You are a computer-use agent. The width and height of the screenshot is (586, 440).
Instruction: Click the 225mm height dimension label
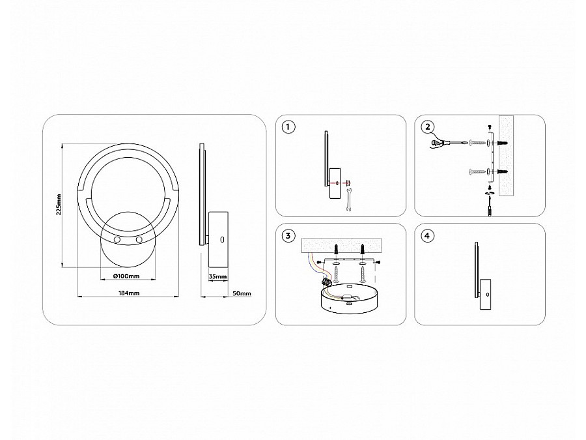(x=59, y=205)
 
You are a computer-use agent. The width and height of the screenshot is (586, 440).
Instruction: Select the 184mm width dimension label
(x=128, y=293)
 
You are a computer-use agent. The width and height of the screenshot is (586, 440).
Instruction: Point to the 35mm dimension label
(x=217, y=277)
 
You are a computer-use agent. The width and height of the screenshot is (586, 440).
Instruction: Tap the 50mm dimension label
(x=242, y=293)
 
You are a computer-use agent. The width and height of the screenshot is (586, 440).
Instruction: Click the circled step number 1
(x=288, y=127)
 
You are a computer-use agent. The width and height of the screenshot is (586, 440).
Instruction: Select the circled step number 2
(x=426, y=127)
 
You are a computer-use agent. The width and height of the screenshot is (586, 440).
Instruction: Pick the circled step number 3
(x=288, y=236)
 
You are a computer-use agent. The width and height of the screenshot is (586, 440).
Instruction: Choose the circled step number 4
(x=426, y=236)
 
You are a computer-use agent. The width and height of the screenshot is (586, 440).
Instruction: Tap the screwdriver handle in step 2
(x=436, y=143)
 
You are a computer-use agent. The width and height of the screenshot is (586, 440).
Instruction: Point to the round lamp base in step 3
(x=350, y=299)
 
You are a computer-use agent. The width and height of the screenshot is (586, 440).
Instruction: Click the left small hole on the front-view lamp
(x=117, y=239)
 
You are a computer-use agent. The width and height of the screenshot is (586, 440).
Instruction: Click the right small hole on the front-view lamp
(x=139, y=239)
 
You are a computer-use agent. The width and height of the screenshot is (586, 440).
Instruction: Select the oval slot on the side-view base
(x=222, y=239)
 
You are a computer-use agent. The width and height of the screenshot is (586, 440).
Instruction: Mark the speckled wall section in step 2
(x=506, y=155)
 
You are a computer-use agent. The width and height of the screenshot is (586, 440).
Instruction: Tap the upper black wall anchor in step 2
(x=501, y=143)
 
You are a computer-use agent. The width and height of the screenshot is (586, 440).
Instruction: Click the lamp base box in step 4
(x=486, y=295)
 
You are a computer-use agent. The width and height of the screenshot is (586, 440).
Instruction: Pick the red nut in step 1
(x=348, y=183)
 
